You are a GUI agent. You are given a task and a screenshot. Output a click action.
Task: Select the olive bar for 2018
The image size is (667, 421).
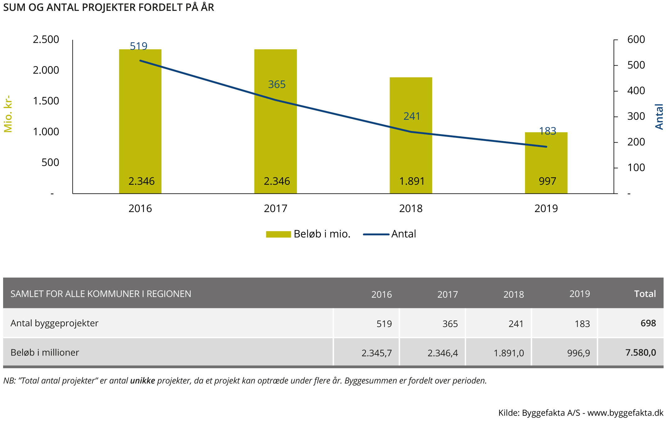tap(411, 149)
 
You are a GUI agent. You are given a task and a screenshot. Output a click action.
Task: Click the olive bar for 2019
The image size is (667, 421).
tap(546, 165)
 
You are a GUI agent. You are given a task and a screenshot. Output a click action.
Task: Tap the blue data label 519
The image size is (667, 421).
tap(139, 46)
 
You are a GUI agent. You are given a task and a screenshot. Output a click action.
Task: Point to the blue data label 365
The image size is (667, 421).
tap(277, 84)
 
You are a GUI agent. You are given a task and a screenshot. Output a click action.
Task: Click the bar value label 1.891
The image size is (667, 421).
tap(412, 181)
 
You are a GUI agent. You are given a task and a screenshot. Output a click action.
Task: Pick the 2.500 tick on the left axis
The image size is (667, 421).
tap(46, 39)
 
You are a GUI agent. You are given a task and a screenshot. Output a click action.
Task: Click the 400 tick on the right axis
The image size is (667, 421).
tap(636, 91)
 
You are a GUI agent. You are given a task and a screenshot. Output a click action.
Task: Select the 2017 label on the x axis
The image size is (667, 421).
tap(276, 208)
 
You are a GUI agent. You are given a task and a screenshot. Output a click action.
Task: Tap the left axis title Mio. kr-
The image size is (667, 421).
tap(8, 114)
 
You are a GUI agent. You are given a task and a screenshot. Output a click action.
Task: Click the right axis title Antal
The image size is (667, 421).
tap(659, 117)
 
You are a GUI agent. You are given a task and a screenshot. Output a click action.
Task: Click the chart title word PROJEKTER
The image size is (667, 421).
tap(109, 7)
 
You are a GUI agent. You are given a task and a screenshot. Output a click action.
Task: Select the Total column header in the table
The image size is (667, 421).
tap(645, 294)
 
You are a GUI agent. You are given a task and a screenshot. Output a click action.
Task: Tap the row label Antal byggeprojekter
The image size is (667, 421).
tap(54, 323)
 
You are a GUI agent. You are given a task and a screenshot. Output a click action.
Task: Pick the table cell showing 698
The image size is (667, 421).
tap(648, 323)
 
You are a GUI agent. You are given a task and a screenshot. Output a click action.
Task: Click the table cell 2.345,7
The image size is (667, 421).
tap(377, 353)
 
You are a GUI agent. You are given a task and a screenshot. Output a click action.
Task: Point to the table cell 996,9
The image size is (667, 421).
tap(578, 353)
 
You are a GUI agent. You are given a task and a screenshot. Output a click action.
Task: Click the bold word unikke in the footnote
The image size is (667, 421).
tap(142, 381)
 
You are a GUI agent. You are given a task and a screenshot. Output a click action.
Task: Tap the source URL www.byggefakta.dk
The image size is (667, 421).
tap(625, 413)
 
